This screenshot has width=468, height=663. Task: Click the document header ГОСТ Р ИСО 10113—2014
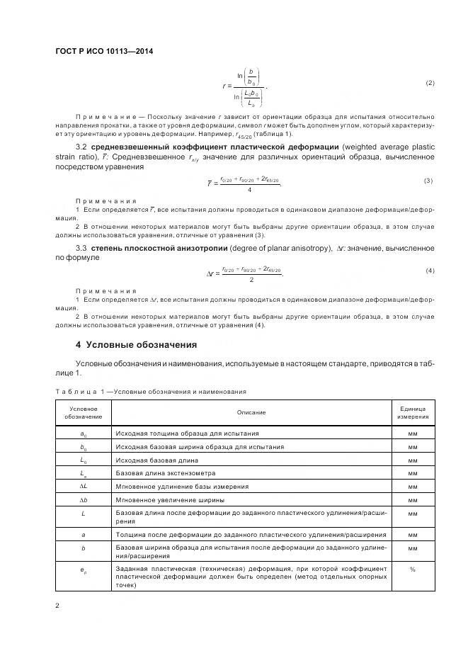(104, 51)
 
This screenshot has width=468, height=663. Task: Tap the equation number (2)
(430, 83)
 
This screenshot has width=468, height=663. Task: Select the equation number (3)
(428, 181)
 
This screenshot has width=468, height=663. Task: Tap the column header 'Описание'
(251, 412)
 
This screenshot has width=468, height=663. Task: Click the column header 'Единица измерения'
(413, 412)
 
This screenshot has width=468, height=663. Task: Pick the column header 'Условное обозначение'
(84, 412)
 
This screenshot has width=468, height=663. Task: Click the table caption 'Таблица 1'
(80, 390)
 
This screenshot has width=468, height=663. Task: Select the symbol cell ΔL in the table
(84, 487)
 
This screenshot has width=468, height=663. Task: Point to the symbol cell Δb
(84, 500)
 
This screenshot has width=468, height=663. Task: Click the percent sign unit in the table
(413, 568)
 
